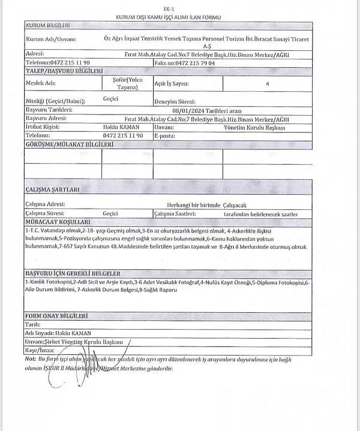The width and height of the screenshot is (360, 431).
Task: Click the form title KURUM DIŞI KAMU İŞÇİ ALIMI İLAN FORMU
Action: pos(178,17)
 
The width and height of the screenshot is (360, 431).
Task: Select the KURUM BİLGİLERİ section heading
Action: pos(49,26)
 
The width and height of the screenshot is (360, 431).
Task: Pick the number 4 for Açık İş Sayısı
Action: pos(266,84)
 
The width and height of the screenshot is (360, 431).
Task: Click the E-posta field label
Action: pos(164,136)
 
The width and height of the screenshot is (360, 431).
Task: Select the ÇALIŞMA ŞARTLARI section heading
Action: pos(53,189)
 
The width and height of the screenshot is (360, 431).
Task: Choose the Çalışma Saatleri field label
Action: pos(175,213)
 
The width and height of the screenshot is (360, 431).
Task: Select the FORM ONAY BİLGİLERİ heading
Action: pos(56,315)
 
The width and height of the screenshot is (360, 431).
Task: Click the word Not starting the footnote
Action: pos(30,358)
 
